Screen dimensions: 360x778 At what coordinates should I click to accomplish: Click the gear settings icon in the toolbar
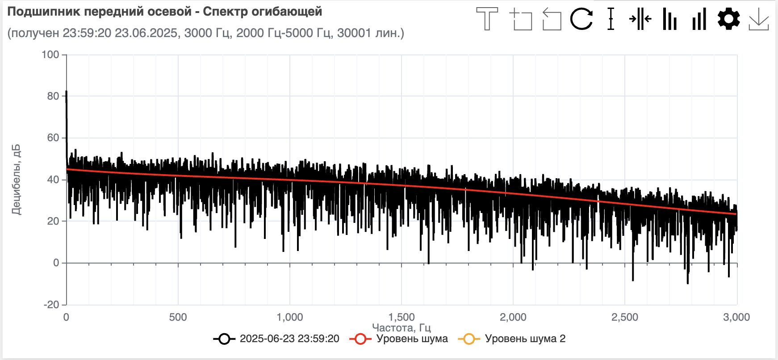pyautogui.click(x=728, y=19)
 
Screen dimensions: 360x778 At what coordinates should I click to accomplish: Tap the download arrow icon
pyautogui.click(x=758, y=19)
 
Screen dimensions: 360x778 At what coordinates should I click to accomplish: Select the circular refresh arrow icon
pyautogui.click(x=581, y=19)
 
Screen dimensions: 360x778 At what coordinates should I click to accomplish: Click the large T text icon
pyautogui.click(x=487, y=19)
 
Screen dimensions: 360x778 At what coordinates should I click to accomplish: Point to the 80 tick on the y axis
pyautogui.click(x=53, y=96)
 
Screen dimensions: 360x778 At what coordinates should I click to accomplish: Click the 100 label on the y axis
pyautogui.click(x=50, y=54)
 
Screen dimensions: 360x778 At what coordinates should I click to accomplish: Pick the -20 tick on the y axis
pyautogui.click(x=51, y=305)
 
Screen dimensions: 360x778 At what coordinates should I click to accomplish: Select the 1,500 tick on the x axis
pyautogui.click(x=402, y=318)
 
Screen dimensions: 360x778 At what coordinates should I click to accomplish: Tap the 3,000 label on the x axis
pyautogui.click(x=736, y=318)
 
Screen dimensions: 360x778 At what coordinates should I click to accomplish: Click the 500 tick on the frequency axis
pyautogui.click(x=178, y=318)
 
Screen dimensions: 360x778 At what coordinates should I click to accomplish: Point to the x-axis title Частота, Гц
pyautogui.click(x=401, y=328)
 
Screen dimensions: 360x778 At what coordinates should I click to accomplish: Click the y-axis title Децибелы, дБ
pyautogui.click(x=16, y=180)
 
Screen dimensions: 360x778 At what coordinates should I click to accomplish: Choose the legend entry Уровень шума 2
pyautogui.click(x=525, y=339)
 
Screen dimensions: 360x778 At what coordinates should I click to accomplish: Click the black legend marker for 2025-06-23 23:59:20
pyautogui.click(x=224, y=339)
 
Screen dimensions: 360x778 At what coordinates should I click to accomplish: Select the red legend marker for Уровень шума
pyautogui.click(x=360, y=339)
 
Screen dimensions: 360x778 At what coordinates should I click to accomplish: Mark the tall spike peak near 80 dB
pyautogui.click(x=67, y=92)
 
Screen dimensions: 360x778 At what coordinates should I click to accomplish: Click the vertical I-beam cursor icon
pyautogui.click(x=611, y=19)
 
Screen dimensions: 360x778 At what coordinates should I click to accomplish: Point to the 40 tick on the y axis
pyautogui.click(x=53, y=180)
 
